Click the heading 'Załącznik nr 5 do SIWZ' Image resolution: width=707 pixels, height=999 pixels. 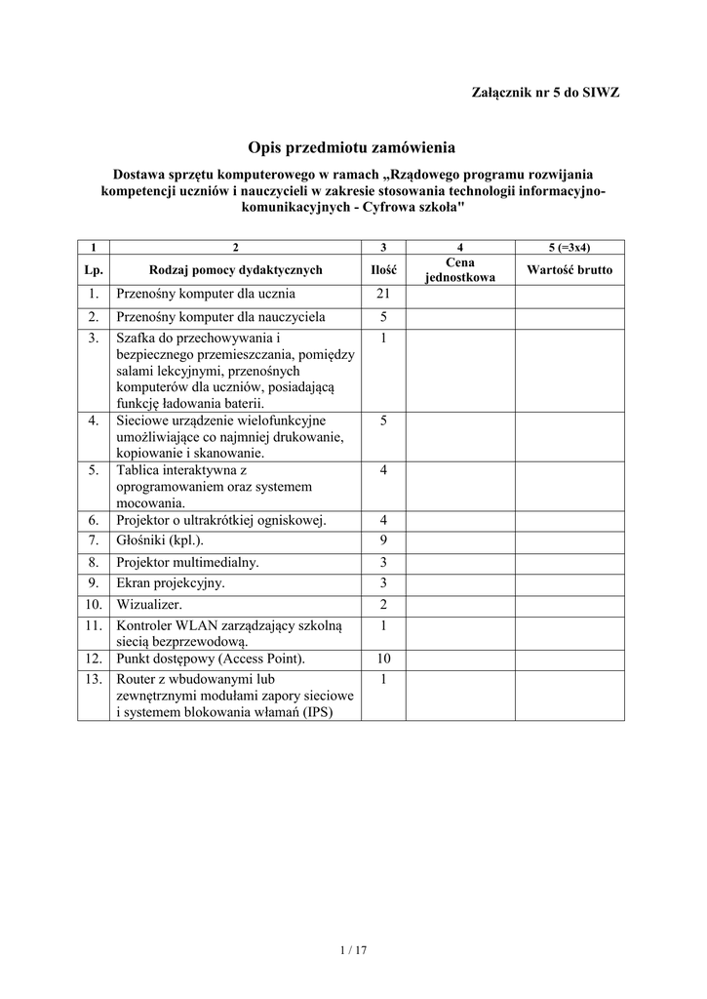(x=545, y=93)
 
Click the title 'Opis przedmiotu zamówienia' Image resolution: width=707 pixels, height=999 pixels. (x=352, y=147)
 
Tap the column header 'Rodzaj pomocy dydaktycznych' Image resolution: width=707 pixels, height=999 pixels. (x=235, y=270)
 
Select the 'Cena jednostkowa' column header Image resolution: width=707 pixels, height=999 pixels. (x=459, y=269)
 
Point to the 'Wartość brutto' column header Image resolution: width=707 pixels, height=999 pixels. (x=570, y=270)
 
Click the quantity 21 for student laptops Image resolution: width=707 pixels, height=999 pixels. (x=384, y=294)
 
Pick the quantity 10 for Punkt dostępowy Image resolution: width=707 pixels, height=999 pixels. (x=384, y=659)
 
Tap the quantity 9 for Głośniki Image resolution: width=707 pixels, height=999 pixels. (x=384, y=539)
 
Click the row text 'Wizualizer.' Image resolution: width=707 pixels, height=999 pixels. (x=149, y=605)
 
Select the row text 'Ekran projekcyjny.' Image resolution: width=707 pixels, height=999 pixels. (x=171, y=583)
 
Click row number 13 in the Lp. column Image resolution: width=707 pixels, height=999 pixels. (x=94, y=679)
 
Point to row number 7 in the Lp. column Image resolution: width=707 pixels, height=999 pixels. (x=94, y=539)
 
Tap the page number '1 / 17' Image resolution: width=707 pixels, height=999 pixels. (x=352, y=949)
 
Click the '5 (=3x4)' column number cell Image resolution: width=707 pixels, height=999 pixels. (x=570, y=247)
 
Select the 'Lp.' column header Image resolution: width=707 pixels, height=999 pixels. (x=94, y=270)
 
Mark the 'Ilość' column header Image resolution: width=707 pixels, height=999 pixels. (x=384, y=270)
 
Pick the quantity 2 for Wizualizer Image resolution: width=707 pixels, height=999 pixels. (x=384, y=605)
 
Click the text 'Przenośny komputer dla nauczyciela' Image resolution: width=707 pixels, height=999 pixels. (x=220, y=317)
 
